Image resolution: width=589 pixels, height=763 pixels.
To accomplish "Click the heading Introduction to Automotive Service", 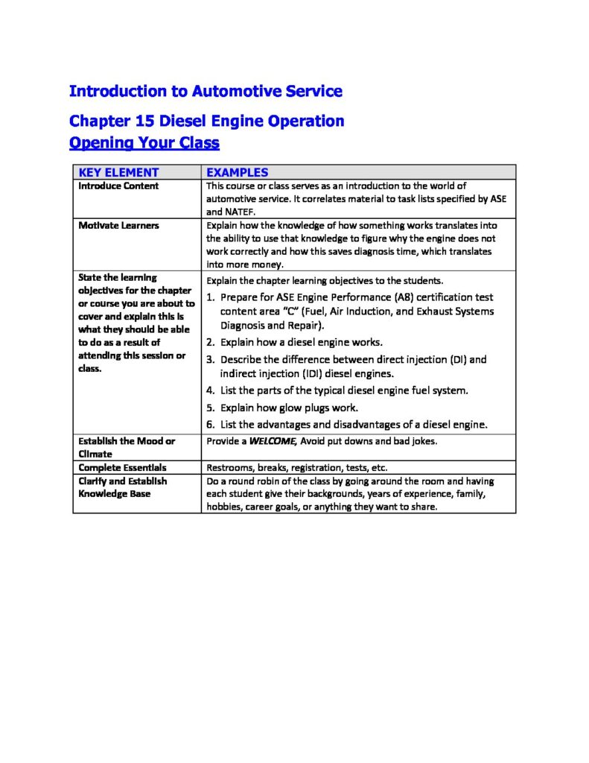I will pos(206,92).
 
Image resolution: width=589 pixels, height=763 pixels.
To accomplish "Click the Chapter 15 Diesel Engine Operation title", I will pos(206,121).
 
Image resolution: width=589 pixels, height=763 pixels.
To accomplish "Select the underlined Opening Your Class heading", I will pos(144,142).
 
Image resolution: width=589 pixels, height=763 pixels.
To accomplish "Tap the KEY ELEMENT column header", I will pos(118,172).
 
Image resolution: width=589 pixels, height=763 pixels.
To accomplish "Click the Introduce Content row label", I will pos(118,186).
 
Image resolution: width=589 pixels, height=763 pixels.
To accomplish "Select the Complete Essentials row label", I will pos(123,467).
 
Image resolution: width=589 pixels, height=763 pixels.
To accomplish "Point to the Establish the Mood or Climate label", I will pos(127,447).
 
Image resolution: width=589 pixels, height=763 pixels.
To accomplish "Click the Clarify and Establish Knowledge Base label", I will pos(123,487).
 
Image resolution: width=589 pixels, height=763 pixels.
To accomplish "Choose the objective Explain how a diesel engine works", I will pos(302,343).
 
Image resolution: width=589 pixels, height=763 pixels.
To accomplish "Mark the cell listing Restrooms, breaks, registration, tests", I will pos(296,468).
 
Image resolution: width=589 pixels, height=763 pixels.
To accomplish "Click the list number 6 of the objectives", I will pos(211,425).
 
